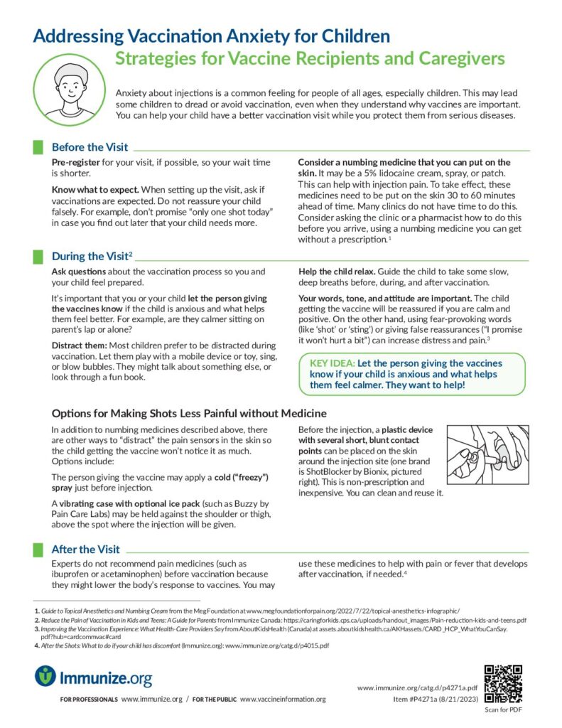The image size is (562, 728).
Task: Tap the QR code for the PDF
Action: click(503, 683)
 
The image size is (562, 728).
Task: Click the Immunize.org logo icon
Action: click(45, 676)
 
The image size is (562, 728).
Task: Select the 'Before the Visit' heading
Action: click(90, 147)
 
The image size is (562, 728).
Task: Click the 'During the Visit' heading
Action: click(90, 256)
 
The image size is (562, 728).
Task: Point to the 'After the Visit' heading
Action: click(85, 549)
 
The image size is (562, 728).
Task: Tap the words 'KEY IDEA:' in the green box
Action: click(333, 363)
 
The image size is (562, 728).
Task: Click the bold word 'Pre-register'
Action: click(76, 163)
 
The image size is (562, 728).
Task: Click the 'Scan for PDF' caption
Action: click(503, 710)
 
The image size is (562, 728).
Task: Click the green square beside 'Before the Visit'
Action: click(38, 147)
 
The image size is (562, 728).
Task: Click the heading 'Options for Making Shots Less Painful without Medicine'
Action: click(189, 414)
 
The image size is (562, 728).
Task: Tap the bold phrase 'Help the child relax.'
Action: click(343, 272)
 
